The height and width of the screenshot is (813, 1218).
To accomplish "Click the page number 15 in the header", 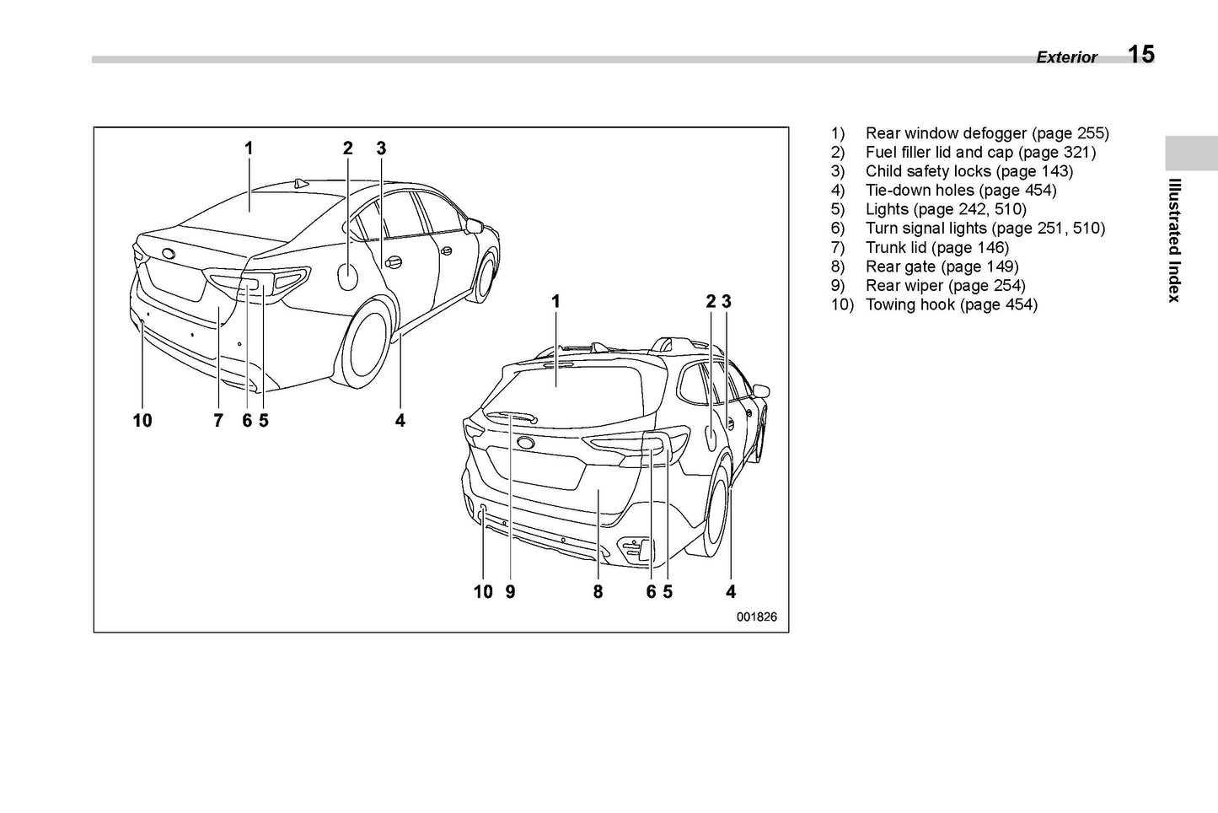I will click(x=1140, y=55).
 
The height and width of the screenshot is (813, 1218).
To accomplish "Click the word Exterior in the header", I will click(x=1066, y=57).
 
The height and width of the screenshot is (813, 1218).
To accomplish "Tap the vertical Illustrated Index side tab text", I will click(x=1174, y=240).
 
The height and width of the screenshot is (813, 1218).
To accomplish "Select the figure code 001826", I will click(x=756, y=616).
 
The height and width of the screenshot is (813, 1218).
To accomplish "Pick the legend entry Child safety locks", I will click(x=968, y=171).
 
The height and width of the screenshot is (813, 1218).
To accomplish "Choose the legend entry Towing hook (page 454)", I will click(x=951, y=304).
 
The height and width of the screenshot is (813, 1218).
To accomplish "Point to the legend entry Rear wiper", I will click(x=944, y=286).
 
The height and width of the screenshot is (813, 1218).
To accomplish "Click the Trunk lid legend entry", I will click(x=936, y=248).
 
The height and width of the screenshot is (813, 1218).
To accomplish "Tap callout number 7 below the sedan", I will click(x=218, y=420).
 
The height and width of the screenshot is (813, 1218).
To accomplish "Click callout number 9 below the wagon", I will click(x=510, y=592).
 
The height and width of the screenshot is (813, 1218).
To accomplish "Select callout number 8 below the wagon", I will click(x=598, y=592).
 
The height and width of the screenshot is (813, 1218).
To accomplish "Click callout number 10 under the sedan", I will click(x=142, y=420).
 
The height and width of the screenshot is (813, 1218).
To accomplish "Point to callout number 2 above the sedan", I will click(x=347, y=148).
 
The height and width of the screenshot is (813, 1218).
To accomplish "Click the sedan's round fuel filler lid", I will click(x=348, y=276).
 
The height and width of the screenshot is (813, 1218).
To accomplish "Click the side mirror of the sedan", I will click(x=474, y=225).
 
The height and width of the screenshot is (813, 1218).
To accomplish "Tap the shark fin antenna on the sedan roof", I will click(x=300, y=183).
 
